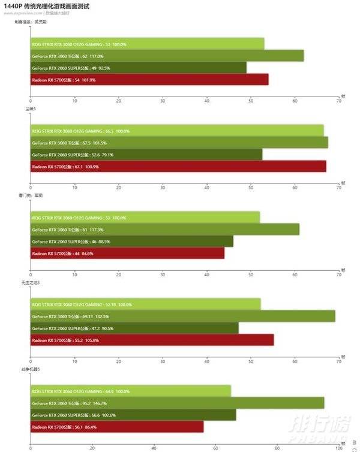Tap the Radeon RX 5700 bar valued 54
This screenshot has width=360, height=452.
pos(149,79)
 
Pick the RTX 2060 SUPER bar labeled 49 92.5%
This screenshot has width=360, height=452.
pos(138,68)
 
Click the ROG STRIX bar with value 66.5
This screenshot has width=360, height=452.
pos(177,131)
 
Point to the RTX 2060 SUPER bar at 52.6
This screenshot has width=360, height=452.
pos(146,155)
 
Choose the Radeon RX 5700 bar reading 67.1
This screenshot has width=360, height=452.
pos(178,166)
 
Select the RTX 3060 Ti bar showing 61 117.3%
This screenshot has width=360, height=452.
pos(165,230)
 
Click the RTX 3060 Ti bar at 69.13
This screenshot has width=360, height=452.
pos(182,317)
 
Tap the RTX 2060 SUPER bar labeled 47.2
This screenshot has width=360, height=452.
pos(134,329)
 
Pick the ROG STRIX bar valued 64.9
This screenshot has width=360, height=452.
pos(131,391)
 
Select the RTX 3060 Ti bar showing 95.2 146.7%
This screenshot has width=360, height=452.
pos(177,403)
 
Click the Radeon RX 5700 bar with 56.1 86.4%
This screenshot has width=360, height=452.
pos(117,427)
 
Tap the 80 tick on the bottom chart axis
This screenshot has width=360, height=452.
pos(277,447)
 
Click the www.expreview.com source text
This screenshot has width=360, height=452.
pos(22,13)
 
